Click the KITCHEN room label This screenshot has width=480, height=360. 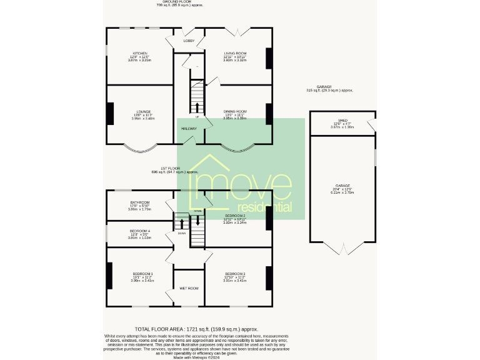(x=139, y=53)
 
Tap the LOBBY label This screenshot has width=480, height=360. (x=189, y=41)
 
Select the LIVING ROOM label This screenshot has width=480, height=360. (x=236, y=53)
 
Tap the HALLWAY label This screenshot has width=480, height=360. (x=189, y=129)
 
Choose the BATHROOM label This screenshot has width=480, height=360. (x=140, y=202)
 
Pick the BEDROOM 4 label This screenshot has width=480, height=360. (x=140, y=231)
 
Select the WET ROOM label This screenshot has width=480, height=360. (x=189, y=288)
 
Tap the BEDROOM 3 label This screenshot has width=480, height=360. (x=235, y=274)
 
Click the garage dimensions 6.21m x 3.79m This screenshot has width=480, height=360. (x=342, y=192)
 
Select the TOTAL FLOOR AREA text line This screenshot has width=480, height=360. (x=196, y=329)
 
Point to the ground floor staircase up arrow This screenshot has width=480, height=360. (x=198, y=106)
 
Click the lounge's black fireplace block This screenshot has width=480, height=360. (x=110, y=114)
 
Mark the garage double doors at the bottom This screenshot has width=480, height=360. (x=342, y=251)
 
